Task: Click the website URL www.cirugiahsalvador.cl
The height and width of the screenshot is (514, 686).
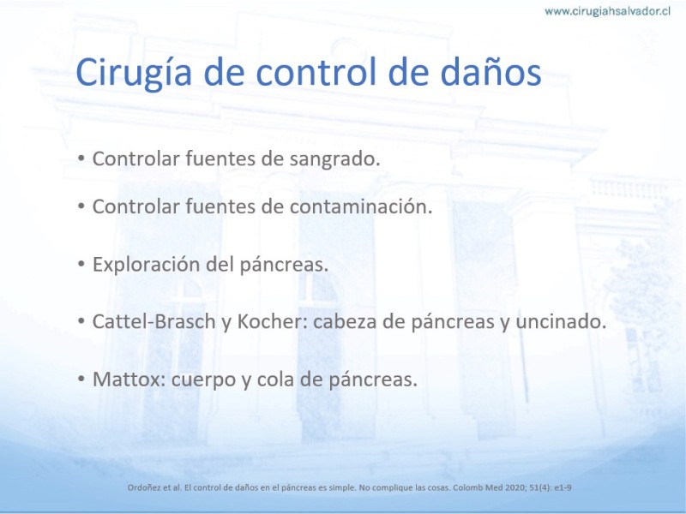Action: pos(607,11)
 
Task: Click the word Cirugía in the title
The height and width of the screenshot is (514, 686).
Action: pos(134,72)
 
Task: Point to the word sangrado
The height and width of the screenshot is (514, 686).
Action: pos(335,159)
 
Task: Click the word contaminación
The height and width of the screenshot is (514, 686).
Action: pos(361,206)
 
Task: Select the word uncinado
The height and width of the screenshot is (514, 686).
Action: pos(561,322)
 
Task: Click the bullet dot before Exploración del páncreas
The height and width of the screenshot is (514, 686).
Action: pos(81,265)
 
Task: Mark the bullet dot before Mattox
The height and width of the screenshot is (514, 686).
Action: pos(81,379)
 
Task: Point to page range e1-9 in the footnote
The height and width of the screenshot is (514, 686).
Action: pos(563,487)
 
